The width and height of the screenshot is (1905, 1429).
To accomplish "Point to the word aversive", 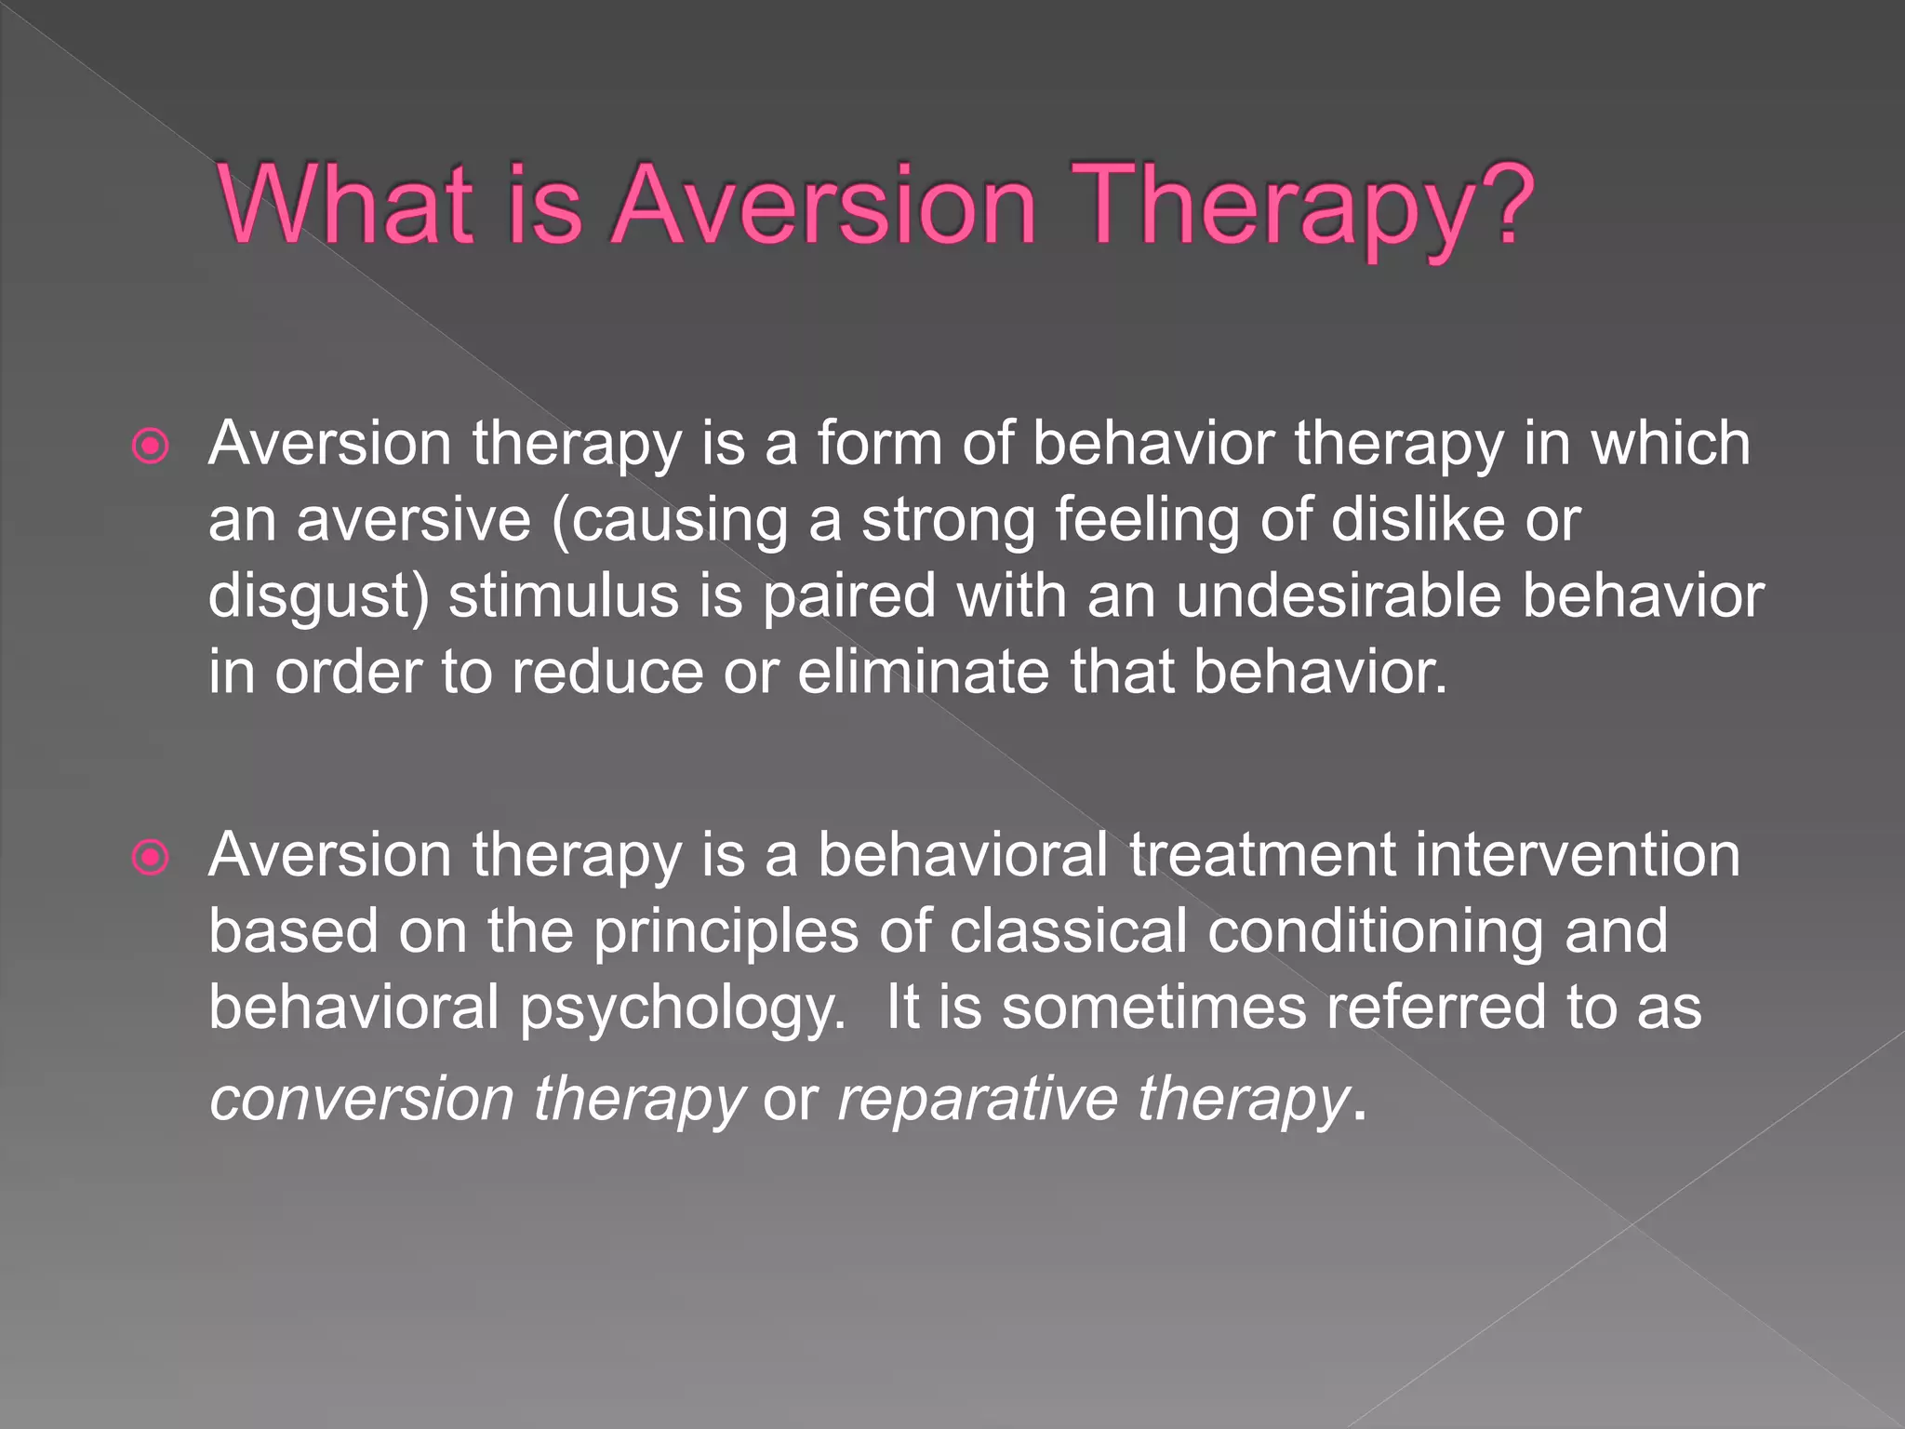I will click(414, 521).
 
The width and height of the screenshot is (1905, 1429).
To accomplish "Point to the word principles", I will click(726, 932).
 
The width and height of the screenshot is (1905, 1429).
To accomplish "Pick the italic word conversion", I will click(363, 1100).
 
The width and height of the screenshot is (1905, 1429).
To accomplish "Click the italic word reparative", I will click(977, 1100).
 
